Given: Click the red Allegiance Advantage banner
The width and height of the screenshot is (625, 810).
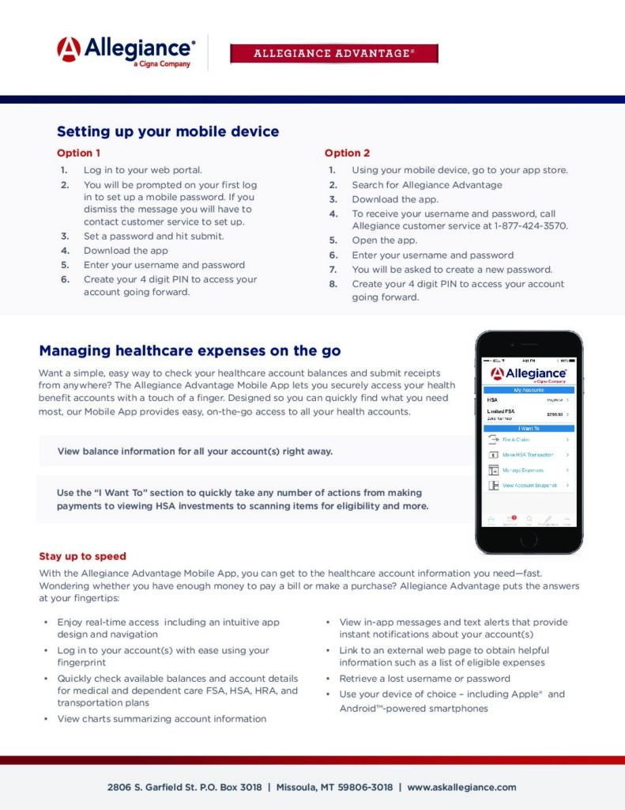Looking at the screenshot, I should (x=333, y=54).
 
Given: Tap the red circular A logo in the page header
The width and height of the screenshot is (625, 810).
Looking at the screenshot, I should (x=69, y=50).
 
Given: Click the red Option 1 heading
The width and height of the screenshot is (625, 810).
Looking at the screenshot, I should (x=78, y=153).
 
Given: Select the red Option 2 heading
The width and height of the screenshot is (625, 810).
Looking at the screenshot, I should (x=347, y=153).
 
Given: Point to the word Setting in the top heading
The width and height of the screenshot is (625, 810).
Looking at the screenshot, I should (x=82, y=131).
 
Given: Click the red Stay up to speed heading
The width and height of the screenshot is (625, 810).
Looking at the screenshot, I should (x=82, y=556).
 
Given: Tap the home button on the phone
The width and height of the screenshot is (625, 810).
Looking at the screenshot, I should (x=529, y=539).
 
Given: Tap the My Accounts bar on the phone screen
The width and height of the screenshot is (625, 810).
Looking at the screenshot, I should (x=529, y=390).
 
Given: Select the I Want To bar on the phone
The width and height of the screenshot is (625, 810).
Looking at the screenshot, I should (x=529, y=428).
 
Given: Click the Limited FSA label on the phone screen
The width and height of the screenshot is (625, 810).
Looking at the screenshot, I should (x=501, y=411).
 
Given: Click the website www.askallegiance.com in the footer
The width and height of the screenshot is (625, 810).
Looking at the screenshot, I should (x=461, y=787).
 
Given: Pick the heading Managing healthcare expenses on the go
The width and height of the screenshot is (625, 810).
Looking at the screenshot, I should (x=190, y=350).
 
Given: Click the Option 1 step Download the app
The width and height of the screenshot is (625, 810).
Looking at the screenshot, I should (x=126, y=251).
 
